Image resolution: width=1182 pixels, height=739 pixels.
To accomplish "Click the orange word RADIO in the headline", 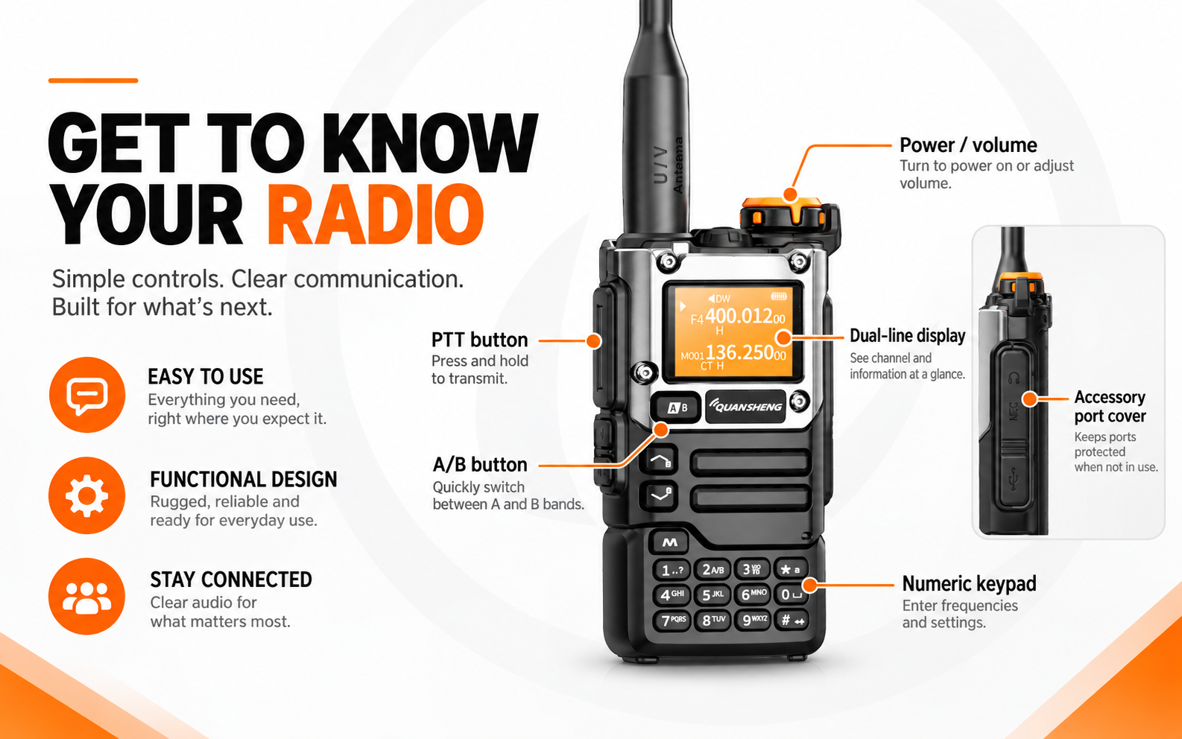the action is tap(375, 214).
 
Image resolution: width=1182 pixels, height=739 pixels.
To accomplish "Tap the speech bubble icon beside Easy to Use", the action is tap(87, 395).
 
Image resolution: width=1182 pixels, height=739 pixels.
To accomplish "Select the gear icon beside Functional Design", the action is tap(87, 496).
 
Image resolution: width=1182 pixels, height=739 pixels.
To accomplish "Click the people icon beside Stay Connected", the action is tap(87, 597).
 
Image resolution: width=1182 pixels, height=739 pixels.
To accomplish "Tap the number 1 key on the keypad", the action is tap(671, 570).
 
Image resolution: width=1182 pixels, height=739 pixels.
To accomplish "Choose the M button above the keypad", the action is tap(669, 542).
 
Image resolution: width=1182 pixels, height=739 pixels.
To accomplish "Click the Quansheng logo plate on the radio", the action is tap(745, 407).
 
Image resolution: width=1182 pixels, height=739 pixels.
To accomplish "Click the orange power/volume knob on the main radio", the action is tap(782, 212).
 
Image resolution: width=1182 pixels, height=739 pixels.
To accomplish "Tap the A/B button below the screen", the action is tap(676, 407).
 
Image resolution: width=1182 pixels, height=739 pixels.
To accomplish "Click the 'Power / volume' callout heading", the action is tap(968, 145).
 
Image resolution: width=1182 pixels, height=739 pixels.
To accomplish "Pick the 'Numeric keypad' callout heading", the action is tap(969, 584).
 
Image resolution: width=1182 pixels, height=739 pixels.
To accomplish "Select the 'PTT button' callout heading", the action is tap(479, 340).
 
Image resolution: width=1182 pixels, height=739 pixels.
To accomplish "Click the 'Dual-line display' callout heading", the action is tap(907, 336).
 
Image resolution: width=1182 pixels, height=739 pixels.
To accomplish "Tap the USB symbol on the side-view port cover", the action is tap(1013, 479).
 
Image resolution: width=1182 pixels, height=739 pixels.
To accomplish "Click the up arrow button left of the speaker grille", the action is tap(660, 460).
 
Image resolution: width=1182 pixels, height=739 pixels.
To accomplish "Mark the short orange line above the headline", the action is tap(93, 80).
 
